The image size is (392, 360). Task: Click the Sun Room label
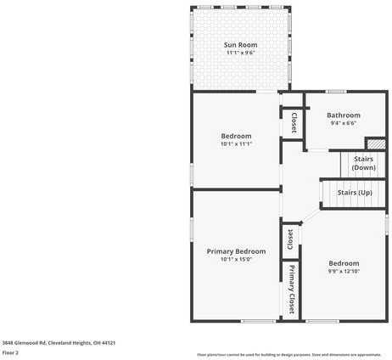[x=241, y=44]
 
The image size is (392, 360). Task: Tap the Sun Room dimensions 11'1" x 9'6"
[x=241, y=53]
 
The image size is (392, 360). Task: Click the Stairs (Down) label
[x=363, y=163]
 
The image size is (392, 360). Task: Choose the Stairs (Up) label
[x=355, y=193]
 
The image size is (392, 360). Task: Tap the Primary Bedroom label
[x=236, y=251]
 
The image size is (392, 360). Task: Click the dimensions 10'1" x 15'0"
[x=236, y=260]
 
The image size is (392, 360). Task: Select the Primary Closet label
[x=291, y=290]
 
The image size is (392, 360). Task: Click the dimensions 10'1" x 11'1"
[x=236, y=144]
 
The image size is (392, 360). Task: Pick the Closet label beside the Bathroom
[x=294, y=122]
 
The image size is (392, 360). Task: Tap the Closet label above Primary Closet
[x=290, y=239]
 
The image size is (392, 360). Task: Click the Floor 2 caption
[x=10, y=352]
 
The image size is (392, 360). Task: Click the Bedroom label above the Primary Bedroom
[x=236, y=136]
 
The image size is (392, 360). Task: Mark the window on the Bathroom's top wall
[x=336, y=91]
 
